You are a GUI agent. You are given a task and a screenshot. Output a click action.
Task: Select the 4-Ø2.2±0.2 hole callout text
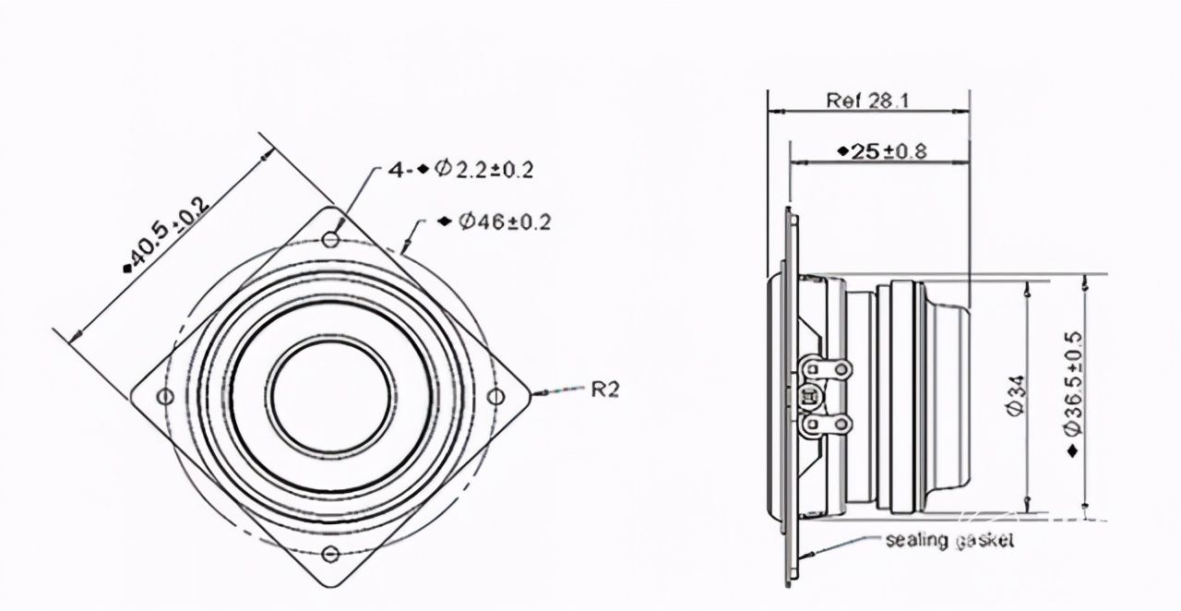(461, 170)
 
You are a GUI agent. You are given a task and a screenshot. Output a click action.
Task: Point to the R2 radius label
(604, 389)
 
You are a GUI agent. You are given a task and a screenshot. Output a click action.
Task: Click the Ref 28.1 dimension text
(867, 101)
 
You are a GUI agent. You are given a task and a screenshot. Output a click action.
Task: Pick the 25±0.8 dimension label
(882, 152)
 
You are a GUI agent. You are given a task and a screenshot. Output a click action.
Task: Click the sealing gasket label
(949, 540)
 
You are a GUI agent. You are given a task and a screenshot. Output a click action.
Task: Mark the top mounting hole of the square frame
(330, 240)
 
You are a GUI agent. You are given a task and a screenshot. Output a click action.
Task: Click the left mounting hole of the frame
(165, 396)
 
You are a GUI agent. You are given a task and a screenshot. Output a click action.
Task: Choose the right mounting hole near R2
(495, 396)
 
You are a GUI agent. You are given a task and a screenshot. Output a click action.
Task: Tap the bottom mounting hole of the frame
(330, 554)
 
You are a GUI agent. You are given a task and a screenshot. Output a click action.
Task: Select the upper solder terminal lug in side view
(826, 369)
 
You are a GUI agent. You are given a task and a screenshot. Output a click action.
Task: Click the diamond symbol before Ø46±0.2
(446, 222)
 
